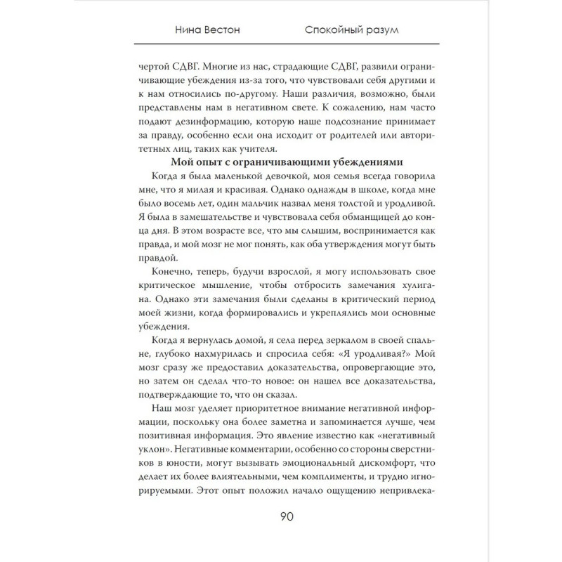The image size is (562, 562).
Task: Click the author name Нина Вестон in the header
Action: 204,30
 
